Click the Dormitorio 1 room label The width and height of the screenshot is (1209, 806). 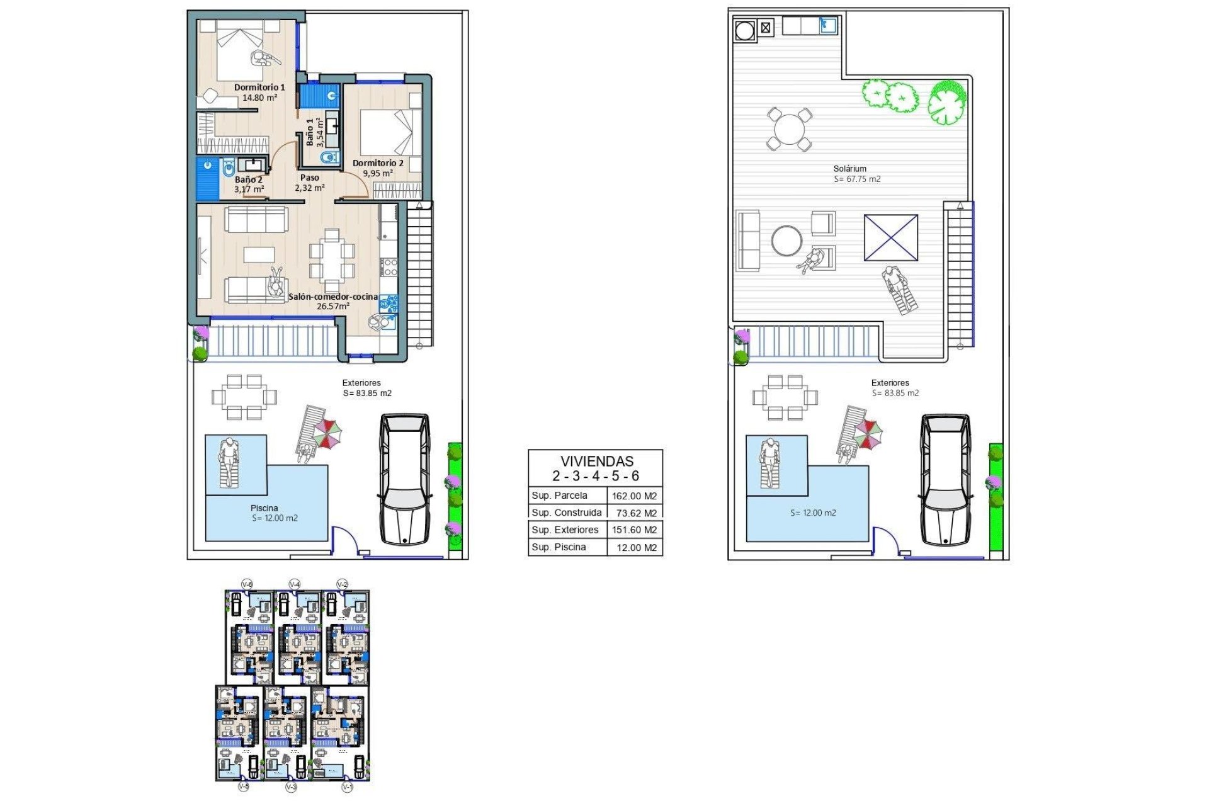[x=259, y=88]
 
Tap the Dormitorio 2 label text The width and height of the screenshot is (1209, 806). [x=378, y=163]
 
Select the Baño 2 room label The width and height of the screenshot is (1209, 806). [x=248, y=180]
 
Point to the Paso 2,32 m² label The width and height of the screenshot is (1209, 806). [x=309, y=183]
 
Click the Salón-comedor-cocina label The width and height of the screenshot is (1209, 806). [x=333, y=297]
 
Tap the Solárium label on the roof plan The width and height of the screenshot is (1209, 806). [x=849, y=169]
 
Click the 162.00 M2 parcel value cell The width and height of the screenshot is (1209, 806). [x=634, y=496]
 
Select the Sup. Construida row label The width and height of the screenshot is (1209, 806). [x=566, y=513]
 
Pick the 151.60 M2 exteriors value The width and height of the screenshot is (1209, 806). [x=634, y=530]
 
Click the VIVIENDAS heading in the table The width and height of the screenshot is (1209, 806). [x=597, y=462]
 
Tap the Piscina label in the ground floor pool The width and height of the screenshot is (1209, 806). [x=264, y=508]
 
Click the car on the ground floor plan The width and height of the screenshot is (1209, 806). [x=405, y=479]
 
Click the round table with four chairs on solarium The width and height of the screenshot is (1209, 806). [x=789, y=129]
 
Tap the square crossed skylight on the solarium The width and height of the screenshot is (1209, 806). [x=890, y=237]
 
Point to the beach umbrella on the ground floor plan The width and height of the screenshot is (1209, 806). [x=328, y=433]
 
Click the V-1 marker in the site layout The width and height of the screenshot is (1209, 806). [x=347, y=787]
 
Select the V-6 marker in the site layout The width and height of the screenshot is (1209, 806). [x=247, y=584]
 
